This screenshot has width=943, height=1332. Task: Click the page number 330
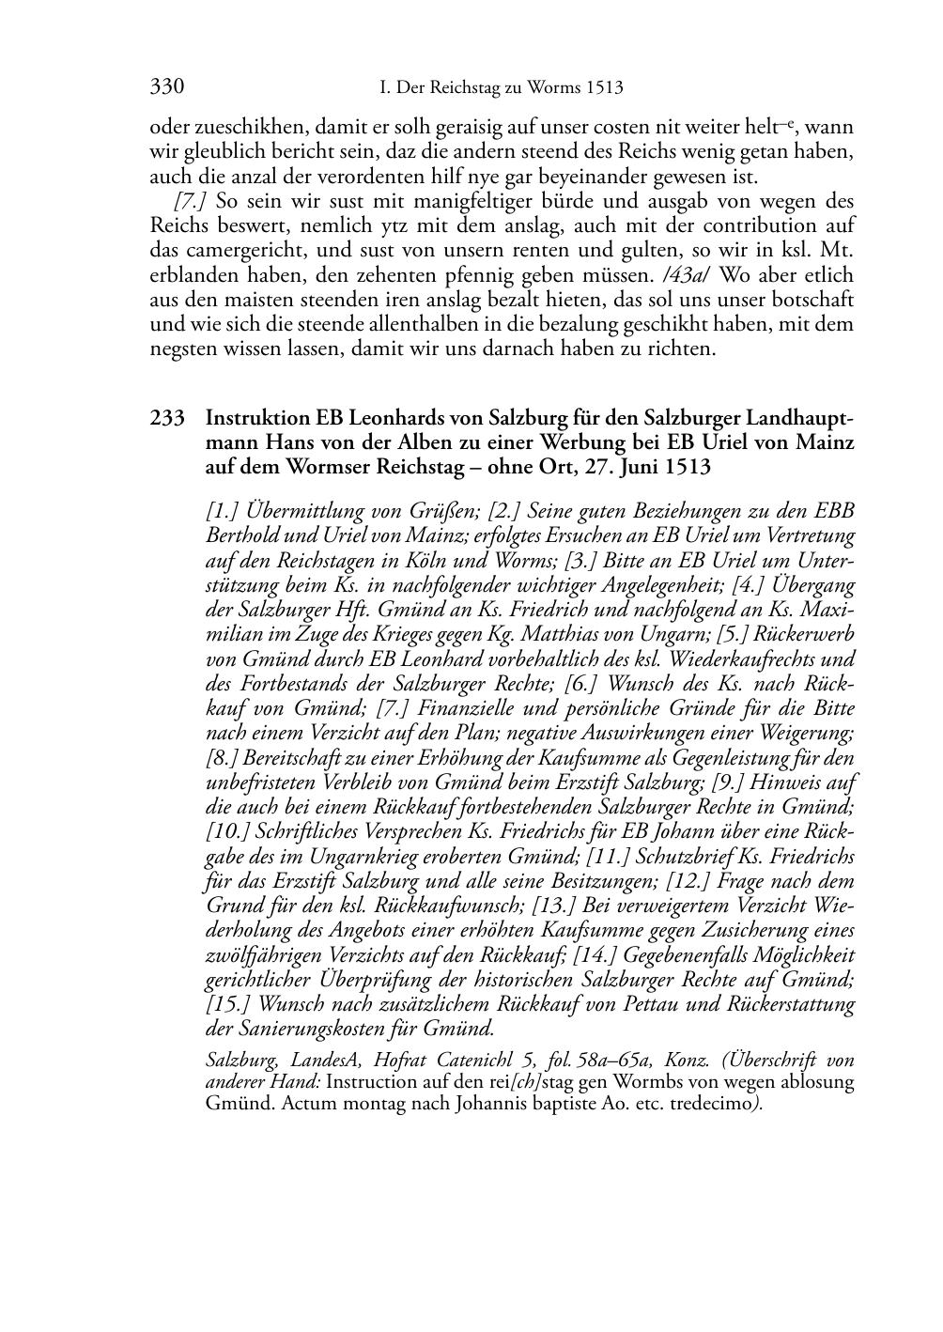coord(166,88)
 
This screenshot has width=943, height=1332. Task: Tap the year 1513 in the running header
coord(603,88)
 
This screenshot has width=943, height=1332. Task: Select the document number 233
coord(166,418)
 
